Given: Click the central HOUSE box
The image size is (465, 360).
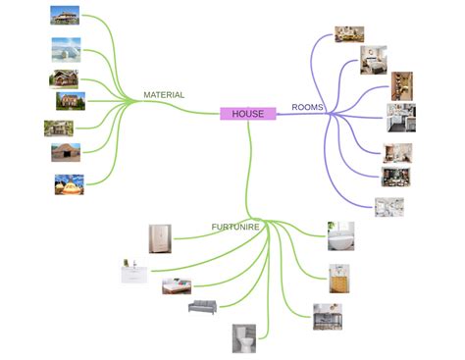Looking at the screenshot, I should [x=247, y=114].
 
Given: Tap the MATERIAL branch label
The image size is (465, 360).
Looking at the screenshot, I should [x=164, y=95].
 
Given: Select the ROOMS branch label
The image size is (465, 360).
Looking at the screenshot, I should [x=308, y=107].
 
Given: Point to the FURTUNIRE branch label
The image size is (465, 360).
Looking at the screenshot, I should [x=234, y=227].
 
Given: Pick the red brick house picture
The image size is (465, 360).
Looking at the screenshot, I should [x=70, y=100].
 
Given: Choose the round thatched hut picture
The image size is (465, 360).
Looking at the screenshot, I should [x=66, y=152].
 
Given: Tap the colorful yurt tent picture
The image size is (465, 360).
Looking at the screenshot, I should [x=69, y=183].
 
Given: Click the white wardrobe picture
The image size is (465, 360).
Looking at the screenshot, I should [x=160, y=238].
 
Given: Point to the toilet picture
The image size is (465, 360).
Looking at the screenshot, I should [x=244, y=337].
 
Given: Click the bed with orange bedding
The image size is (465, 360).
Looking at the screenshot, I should [x=178, y=285].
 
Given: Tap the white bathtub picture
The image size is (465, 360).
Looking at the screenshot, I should [x=339, y=236].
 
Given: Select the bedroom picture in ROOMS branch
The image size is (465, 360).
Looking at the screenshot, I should [x=373, y=60].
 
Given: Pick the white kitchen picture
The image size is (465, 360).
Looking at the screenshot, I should [x=400, y=117].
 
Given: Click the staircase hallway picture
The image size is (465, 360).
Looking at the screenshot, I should [x=402, y=85].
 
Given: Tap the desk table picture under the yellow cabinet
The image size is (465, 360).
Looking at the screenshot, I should [x=327, y=315].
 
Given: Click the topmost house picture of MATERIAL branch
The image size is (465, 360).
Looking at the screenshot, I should [x=65, y=15].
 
